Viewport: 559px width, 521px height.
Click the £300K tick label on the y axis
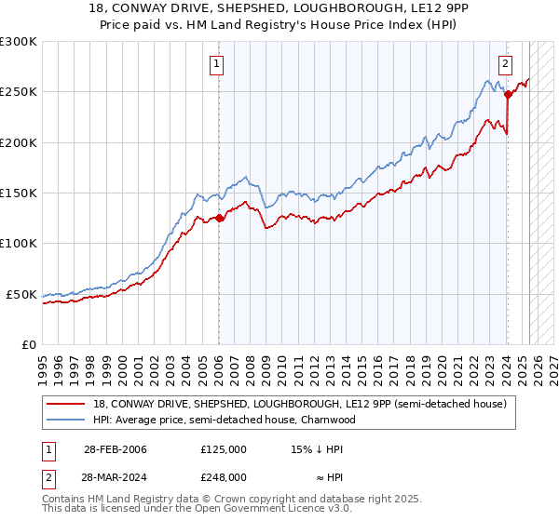[18, 42]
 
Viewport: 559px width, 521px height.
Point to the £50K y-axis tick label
[21, 294]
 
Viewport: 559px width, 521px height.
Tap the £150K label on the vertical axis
[18, 194]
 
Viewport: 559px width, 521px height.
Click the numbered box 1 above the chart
[216, 64]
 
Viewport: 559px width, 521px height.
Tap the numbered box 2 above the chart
[505, 64]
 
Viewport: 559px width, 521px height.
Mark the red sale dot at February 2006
[219, 219]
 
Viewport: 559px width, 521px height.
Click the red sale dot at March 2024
[508, 94]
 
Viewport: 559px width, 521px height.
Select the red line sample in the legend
[67, 404]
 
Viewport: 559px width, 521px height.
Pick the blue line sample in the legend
[67, 420]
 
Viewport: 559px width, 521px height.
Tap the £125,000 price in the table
[224, 449]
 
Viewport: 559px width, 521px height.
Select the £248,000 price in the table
[224, 476]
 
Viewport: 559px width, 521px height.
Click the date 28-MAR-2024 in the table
[112, 476]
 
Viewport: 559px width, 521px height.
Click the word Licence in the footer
[246, 510]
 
